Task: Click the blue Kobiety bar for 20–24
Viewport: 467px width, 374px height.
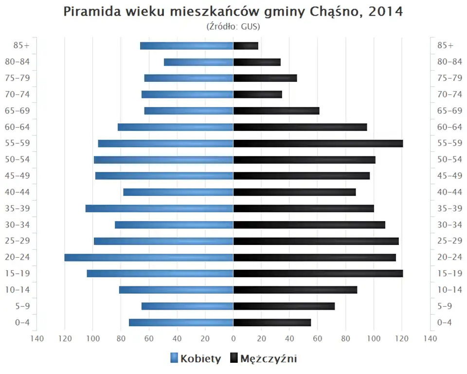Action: (149, 257)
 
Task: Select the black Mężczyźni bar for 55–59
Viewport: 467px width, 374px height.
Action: (318, 143)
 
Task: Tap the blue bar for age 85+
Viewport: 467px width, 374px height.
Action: (187, 46)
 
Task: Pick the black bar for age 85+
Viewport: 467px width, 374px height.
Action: (246, 46)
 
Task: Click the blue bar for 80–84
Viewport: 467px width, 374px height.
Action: (198, 62)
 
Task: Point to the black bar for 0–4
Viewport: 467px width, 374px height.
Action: (272, 322)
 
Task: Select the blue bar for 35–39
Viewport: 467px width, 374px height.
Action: (160, 208)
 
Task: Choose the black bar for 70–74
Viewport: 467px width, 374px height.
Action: (258, 94)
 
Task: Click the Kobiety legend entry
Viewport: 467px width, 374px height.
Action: (196, 359)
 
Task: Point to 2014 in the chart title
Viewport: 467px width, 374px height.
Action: (386, 12)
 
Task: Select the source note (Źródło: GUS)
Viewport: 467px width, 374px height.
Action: (233, 26)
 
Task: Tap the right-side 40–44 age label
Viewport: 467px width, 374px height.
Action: (449, 192)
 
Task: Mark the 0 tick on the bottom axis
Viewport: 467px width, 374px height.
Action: (233, 338)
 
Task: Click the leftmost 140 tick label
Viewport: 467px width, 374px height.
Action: (37, 338)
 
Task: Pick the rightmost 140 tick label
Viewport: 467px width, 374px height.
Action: (430, 338)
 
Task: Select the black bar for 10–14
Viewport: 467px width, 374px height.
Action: (295, 290)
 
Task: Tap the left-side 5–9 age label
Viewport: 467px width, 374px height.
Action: (21, 306)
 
